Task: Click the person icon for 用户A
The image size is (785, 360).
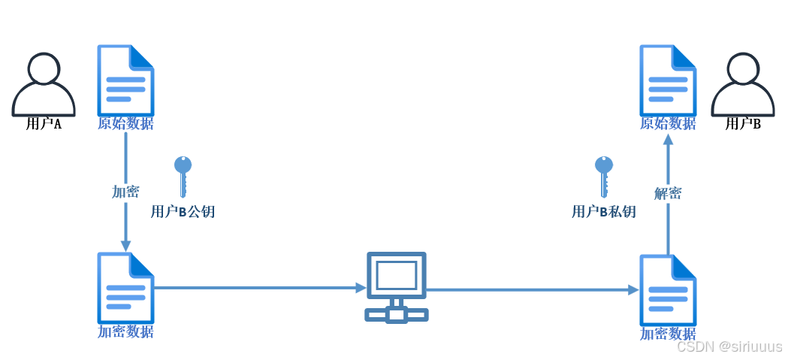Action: pos(44,83)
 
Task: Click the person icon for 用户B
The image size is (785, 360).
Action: pos(742,83)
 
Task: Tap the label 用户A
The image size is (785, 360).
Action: pos(44,124)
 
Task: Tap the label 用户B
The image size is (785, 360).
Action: pos(743,124)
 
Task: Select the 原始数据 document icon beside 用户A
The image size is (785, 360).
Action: pos(125,79)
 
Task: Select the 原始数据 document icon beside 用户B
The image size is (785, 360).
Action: pos(668,79)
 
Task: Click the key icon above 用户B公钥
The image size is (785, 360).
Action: pos(183,175)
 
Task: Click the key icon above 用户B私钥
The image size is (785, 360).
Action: pos(603,175)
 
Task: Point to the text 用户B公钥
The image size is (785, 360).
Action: pos(183,212)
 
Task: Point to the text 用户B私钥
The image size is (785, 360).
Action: pos(603,212)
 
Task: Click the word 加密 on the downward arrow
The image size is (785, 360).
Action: pos(125,192)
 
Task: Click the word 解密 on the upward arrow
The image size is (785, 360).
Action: pos(668,193)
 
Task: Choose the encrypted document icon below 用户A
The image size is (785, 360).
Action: pos(125,288)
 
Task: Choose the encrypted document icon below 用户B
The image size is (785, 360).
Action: pos(668,290)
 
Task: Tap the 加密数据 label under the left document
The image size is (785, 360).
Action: pos(125,331)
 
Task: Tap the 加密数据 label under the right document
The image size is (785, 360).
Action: pos(668,334)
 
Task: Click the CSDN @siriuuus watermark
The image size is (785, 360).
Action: pos(729,346)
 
